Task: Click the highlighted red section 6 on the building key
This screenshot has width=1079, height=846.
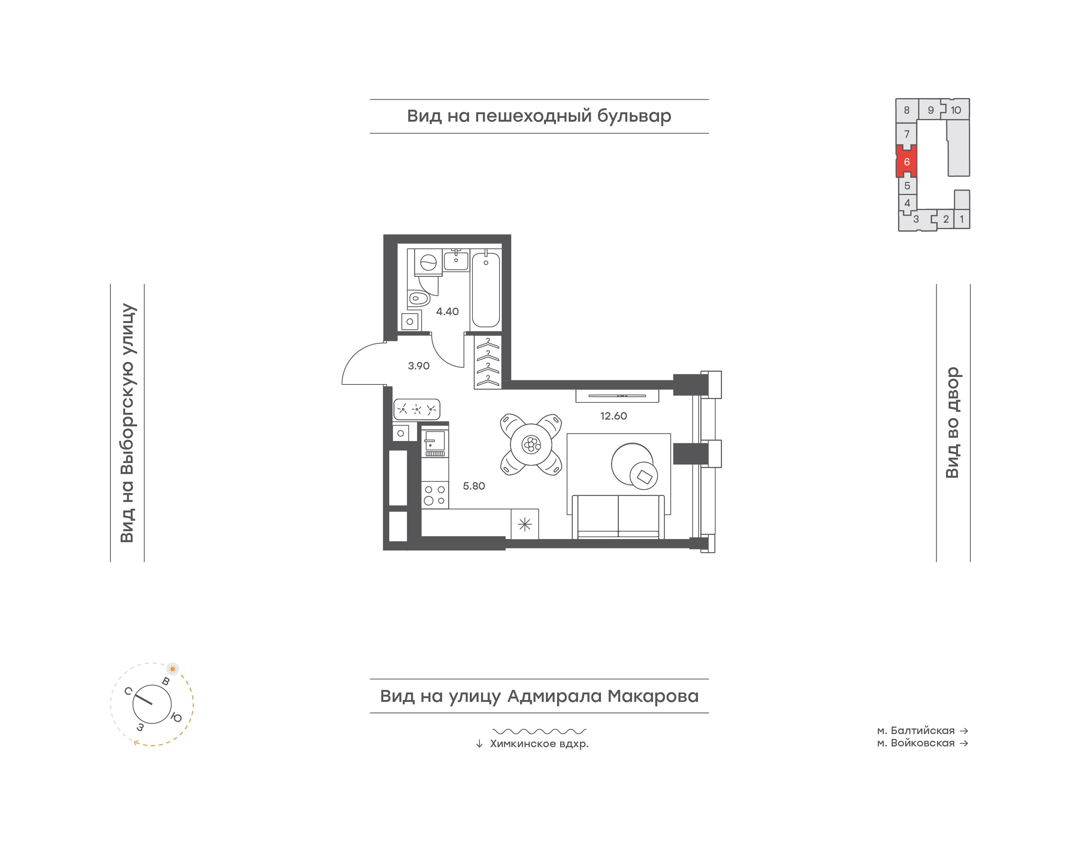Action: tap(907, 161)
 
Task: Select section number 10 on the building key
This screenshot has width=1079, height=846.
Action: tap(956, 110)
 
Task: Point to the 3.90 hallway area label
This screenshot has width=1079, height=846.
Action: tap(418, 366)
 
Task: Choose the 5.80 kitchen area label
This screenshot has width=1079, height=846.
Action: tap(474, 486)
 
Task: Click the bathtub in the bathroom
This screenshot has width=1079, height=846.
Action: tap(486, 290)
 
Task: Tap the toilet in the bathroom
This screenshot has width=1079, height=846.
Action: tap(418, 299)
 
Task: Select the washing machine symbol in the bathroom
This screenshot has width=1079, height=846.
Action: tap(428, 262)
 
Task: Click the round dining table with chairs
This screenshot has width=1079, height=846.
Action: tap(531, 444)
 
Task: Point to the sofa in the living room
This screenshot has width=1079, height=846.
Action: tap(618, 517)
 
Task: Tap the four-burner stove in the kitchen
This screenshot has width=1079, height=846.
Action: tap(435, 495)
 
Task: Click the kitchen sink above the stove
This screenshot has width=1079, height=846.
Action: tap(435, 443)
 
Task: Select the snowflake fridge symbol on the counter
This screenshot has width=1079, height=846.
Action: tap(525, 524)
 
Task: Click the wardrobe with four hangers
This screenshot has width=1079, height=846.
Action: tap(488, 362)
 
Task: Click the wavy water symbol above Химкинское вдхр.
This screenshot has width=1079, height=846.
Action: tap(539, 731)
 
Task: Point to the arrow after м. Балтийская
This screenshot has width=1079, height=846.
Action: tap(964, 731)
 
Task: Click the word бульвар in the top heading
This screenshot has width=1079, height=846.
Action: tap(634, 116)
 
